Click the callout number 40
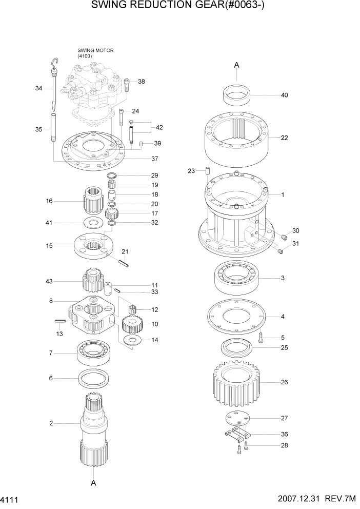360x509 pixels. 285,95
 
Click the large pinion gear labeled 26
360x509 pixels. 236,382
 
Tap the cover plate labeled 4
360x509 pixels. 236,315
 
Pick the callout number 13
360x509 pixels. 60,333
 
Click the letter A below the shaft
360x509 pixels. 93,483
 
